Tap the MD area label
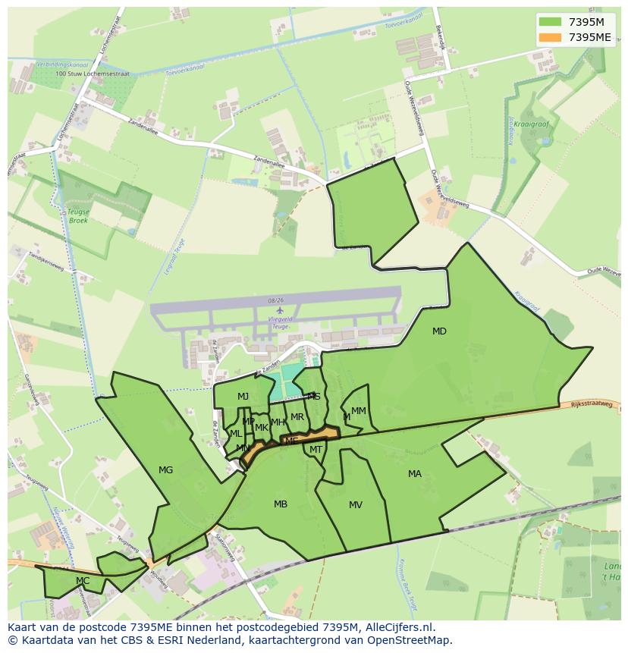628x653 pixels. point(439,331)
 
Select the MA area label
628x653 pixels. point(415,474)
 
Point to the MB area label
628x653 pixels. point(281,504)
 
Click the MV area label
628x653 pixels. point(356,505)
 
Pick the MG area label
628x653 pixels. point(165,470)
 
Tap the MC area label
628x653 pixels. point(83,581)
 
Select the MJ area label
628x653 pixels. point(243,397)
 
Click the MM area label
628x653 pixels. point(359,411)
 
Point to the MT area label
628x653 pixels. point(316,450)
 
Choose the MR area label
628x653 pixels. point(297,417)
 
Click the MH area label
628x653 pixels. point(278,422)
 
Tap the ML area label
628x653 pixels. point(236,434)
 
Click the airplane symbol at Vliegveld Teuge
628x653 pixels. point(280,310)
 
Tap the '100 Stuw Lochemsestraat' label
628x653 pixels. point(93,74)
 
